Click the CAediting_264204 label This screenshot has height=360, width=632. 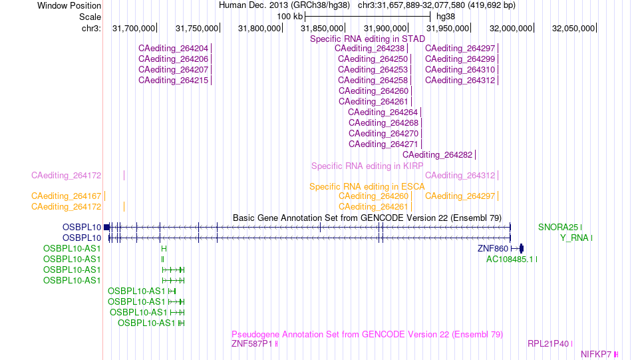click(174, 49)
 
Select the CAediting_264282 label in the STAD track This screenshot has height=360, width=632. click(437, 155)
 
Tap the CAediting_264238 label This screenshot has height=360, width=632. click(370, 49)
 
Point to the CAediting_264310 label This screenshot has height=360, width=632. click(460, 70)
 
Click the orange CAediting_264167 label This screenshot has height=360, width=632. click(66, 196)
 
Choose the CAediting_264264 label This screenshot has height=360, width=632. click(383, 112)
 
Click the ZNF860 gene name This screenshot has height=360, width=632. click(493, 249)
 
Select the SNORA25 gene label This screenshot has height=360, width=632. click(558, 228)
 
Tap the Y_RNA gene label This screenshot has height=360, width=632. click(574, 238)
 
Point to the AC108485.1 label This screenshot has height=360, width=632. click(510, 260)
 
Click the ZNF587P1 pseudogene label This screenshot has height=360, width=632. click(252, 344)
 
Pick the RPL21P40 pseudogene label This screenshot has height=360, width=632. click(548, 344)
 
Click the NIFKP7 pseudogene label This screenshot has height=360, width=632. click(596, 355)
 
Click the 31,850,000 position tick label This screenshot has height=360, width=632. click(321, 29)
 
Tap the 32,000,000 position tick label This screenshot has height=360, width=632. click(511, 29)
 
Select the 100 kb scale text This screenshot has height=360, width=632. click(289, 17)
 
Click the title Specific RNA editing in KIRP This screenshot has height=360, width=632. click(367, 166)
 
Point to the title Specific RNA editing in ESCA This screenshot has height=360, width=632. click(367, 186)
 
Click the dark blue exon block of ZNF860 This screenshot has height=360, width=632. click(521, 248)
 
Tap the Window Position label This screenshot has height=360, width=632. click(69, 5)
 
